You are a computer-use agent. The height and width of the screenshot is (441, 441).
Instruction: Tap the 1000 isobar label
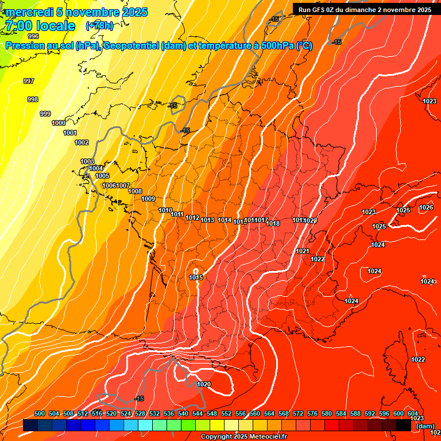pos(59,123)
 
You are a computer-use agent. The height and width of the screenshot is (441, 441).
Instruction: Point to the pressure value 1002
pos(82,142)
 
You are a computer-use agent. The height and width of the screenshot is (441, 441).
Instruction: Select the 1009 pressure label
pos(148,199)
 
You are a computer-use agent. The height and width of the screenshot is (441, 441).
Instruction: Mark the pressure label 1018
pos(273,223)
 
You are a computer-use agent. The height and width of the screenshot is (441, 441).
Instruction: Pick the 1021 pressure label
pos(303,251)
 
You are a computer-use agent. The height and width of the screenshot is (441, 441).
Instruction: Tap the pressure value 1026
pos(425,207)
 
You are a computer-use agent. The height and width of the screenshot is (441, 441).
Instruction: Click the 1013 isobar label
pos(207,220)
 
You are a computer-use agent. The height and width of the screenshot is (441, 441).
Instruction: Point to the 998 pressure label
pos(33,99)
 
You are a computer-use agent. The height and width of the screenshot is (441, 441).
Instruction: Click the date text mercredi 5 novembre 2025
pos(76,12)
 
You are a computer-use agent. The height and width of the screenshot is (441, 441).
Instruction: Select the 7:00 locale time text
pos(40,26)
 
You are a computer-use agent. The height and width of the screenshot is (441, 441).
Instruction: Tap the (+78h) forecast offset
pos(99,26)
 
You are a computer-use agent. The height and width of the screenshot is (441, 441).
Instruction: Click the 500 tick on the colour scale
pos(40,413)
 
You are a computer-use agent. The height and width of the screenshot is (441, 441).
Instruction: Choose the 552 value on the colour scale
pos(226,413)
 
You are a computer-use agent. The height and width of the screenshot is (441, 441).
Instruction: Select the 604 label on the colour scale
pos(412,413)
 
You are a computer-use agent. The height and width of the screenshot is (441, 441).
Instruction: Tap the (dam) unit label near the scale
pos(425,426)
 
